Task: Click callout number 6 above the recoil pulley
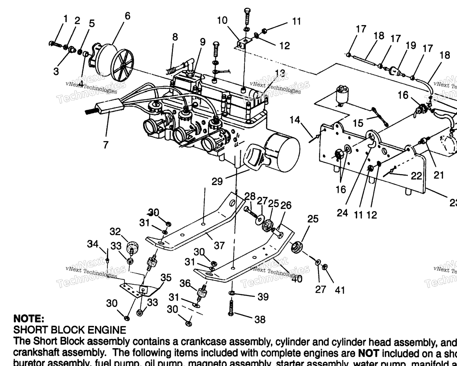[x=127, y=16]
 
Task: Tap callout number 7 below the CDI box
[x=105, y=145]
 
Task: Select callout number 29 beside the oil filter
[x=217, y=182]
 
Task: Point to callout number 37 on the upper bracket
[x=219, y=246]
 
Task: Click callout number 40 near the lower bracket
[x=297, y=278]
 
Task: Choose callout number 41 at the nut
[x=340, y=290]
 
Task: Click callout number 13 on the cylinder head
[x=280, y=74]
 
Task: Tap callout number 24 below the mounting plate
[x=342, y=213]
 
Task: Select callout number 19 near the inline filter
[x=411, y=45]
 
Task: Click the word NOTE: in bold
[x=29, y=318]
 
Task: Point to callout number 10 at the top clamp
[x=222, y=20]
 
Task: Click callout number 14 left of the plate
[x=295, y=120]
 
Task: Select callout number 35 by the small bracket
[x=166, y=278]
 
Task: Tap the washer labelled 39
[x=232, y=293]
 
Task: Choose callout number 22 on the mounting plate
[x=416, y=176]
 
